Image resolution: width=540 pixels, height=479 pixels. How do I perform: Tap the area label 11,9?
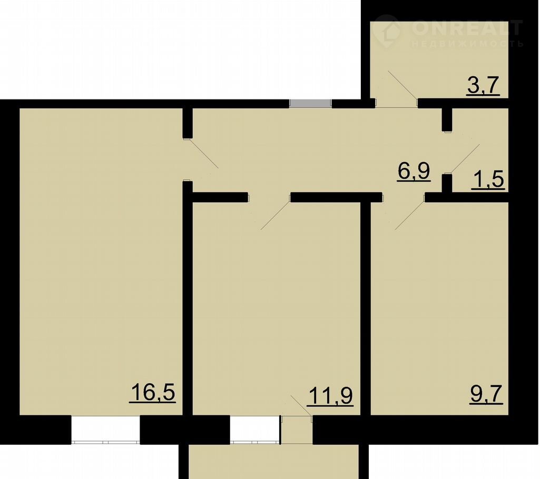click(x=330, y=396)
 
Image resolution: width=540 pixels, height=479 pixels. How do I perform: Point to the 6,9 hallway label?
click(x=414, y=171)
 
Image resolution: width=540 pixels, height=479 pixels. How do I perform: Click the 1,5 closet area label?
click(x=488, y=180)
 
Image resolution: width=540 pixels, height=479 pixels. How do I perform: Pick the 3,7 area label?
click(x=484, y=86)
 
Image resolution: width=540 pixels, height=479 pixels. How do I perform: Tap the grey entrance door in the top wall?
click(x=310, y=104)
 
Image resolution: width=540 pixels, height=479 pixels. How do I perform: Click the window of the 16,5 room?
click(x=105, y=430)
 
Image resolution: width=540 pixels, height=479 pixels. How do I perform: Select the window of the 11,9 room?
click(x=255, y=430)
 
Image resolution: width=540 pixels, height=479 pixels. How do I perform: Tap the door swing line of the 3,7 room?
click(x=402, y=86)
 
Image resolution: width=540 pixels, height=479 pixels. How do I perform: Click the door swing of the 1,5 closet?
click(x=465, y=158)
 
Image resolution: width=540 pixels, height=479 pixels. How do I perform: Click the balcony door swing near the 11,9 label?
click(x=302, y=406)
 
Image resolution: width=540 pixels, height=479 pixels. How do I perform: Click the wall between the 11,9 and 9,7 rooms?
click(x=366, y=308)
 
